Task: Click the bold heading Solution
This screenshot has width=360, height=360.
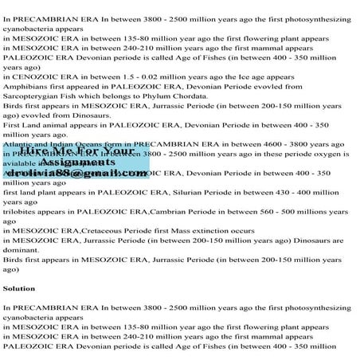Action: click(x=19, y=288)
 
